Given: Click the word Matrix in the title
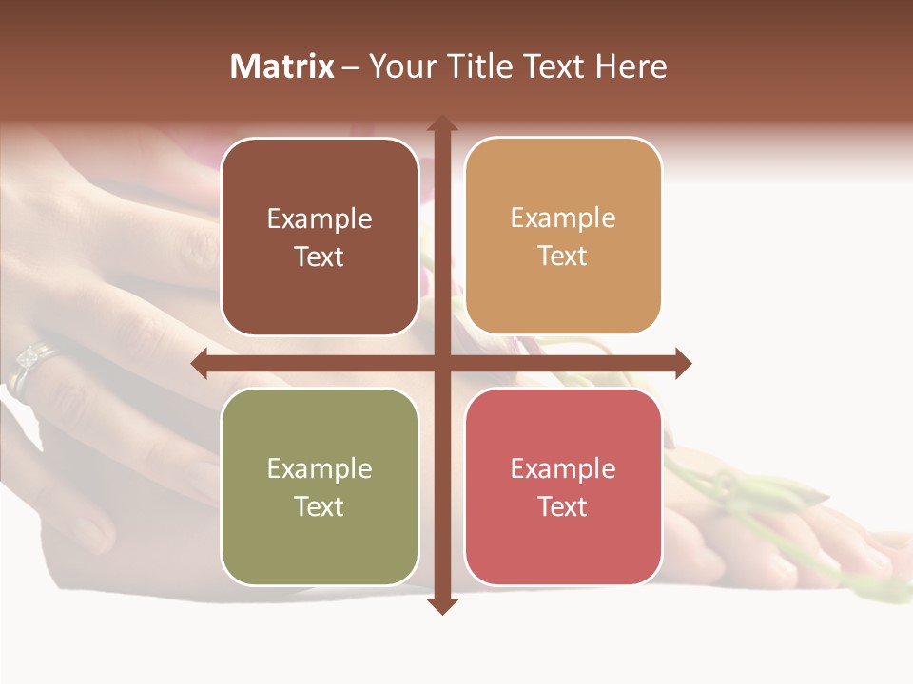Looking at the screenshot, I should tap(282, 66).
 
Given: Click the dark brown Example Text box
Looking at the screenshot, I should tap(320, 237).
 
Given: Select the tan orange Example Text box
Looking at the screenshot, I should tap(563, 237).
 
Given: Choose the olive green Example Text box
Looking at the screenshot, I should tap(320, 486).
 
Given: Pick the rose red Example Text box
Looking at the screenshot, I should tap(563, 486).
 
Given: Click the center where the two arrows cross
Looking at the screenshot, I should tap(441, 363).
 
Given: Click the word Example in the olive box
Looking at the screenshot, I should tap(320, 468).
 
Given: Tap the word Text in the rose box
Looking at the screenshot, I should tap(563, 506).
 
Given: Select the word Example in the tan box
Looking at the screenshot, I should tap(563, 218).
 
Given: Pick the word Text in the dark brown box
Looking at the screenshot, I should tap(320, 256).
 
